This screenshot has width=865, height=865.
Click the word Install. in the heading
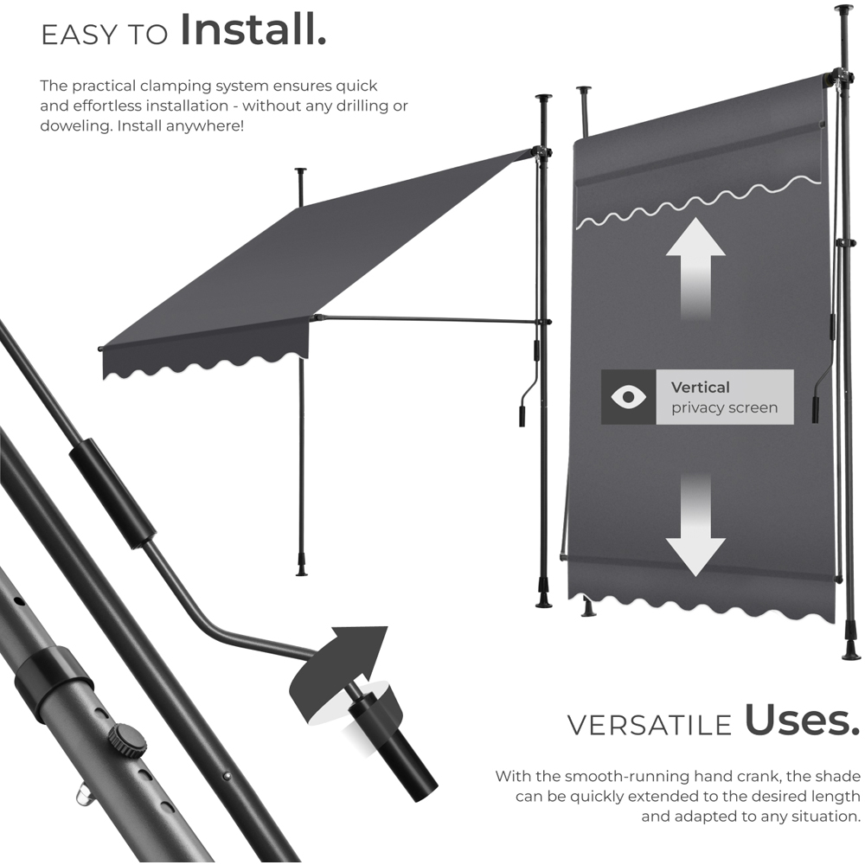pyautogui.click(x=253, y=30)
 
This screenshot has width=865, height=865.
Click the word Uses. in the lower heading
pyautogui.click(x=797, y=721)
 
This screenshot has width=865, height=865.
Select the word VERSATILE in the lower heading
pyautogui.click(x=649, y=725)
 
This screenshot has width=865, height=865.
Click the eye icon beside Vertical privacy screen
pyautogui.click(x=629, y=397)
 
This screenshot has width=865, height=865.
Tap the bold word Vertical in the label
pyautogui.click(x=701, y=388)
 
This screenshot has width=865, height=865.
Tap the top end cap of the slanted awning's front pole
pyautogui.click(x=300, y=171)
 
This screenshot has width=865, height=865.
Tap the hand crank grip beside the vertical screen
pyautogui.click(x=816, y=411)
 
